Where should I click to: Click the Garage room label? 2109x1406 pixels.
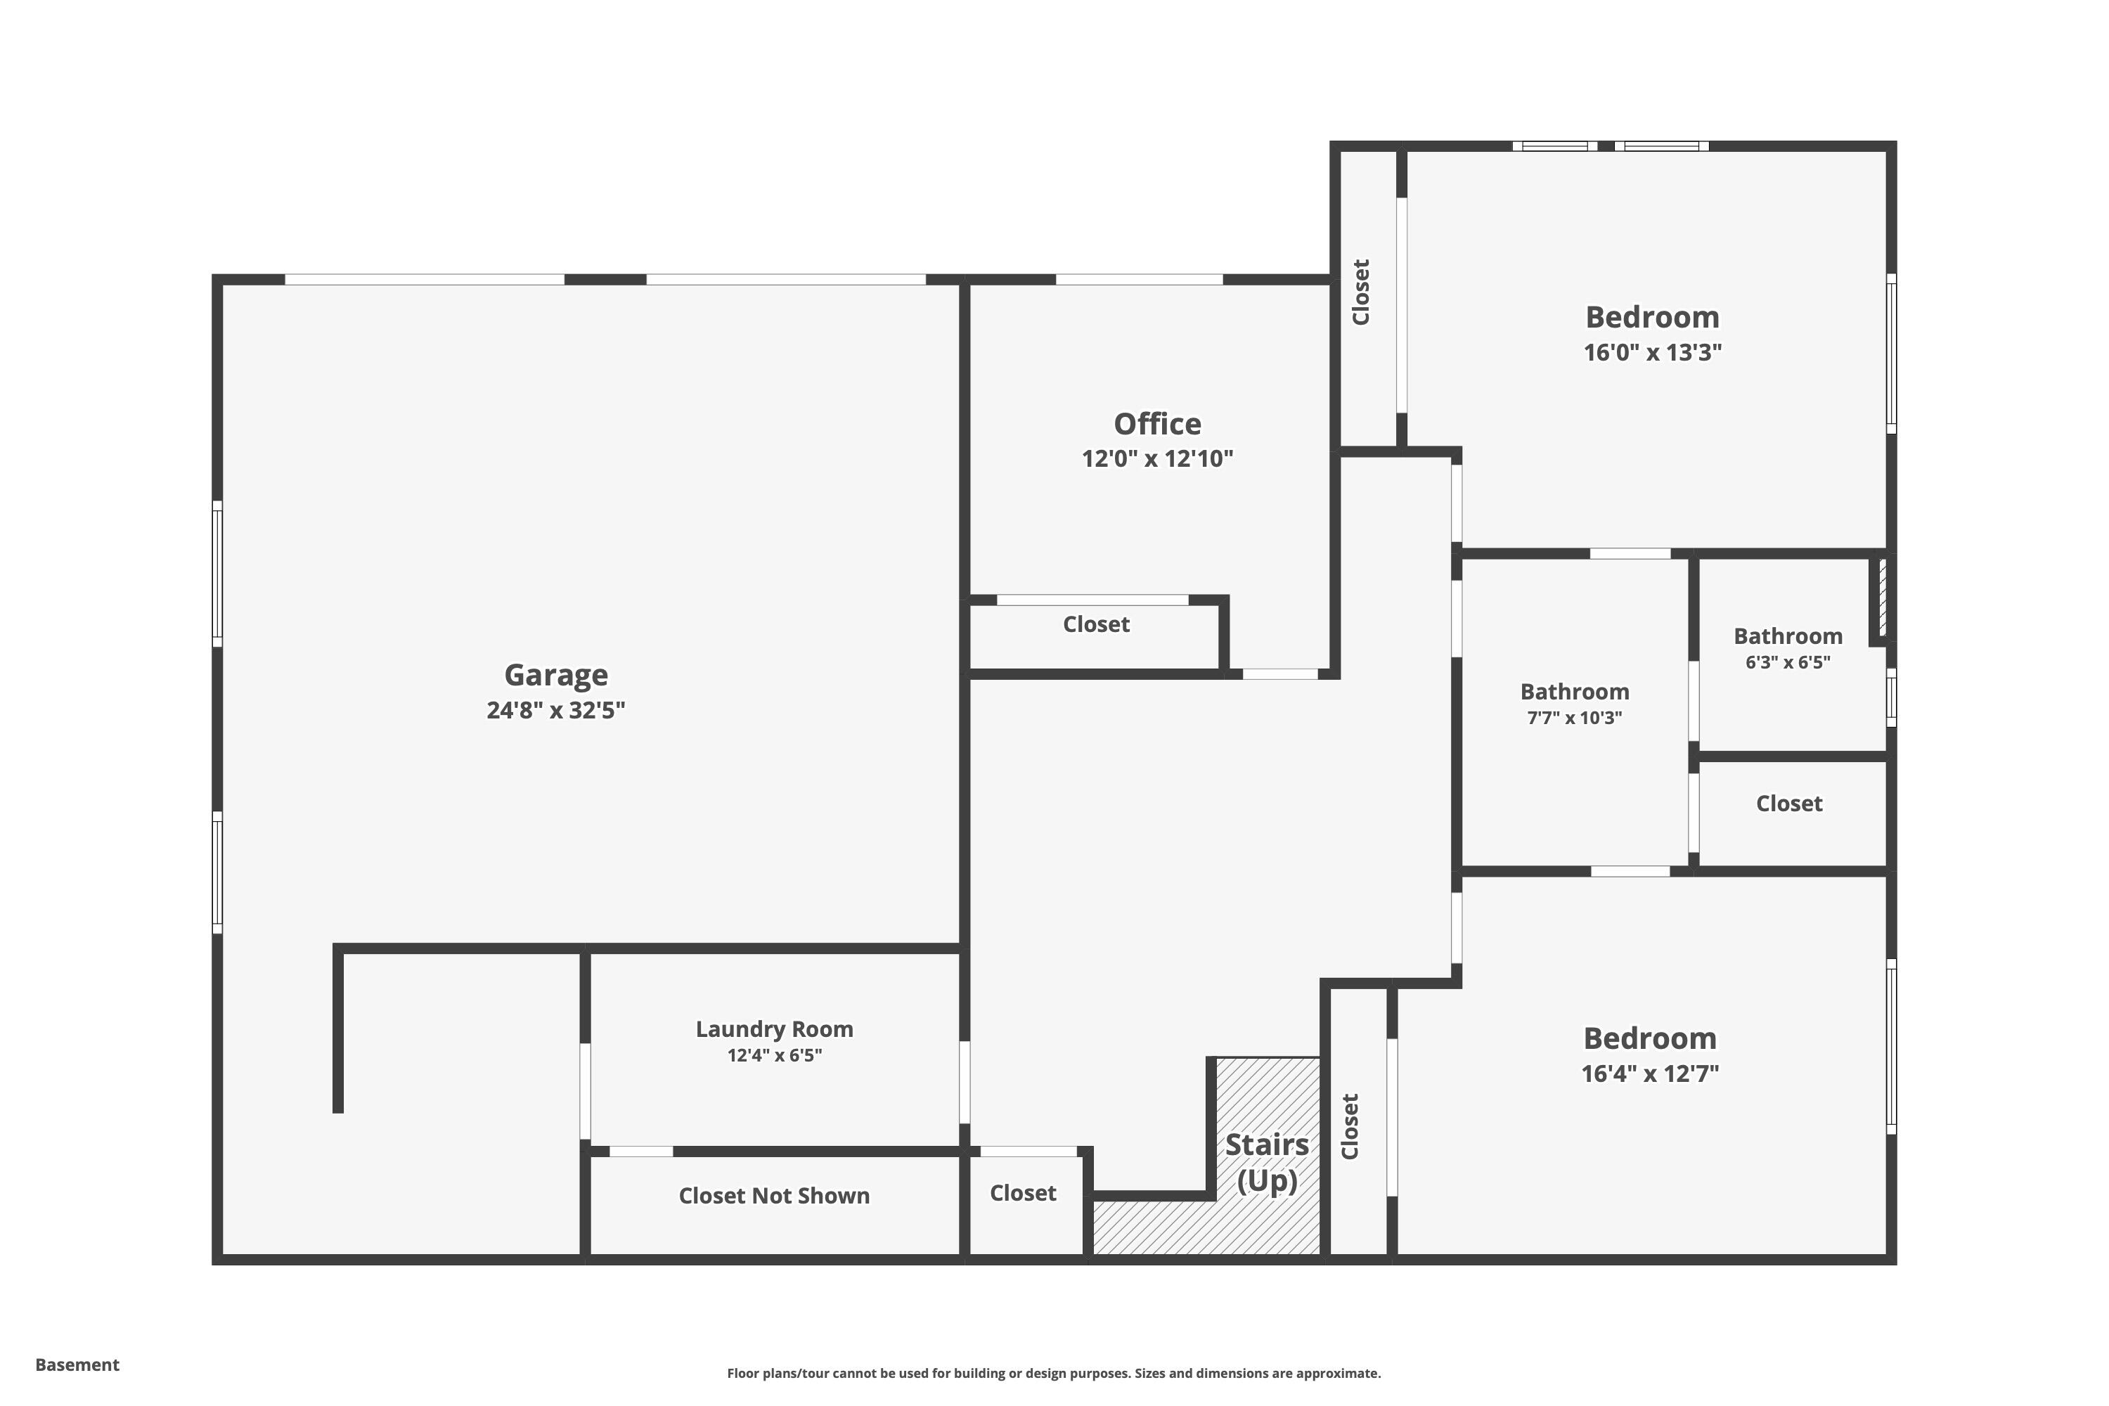[x=555, y=674]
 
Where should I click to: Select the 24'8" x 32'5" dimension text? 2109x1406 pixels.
[x=555, y=710]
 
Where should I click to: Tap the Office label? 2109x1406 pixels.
[x=1156, y=423]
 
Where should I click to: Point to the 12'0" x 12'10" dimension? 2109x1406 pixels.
[x=1156, y=459]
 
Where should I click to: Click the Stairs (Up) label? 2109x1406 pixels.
[x=1266, y=1162]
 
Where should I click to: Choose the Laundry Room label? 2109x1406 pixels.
[x=774, y=1029]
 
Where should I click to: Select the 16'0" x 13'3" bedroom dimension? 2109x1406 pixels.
[x=1651, y=352]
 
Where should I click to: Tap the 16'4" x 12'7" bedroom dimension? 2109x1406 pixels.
[x=1649, y=1073]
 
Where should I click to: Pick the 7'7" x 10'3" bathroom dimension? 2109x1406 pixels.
[x=1574, y=717]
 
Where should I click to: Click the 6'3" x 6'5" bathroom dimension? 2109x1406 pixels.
[x=1787, y=663]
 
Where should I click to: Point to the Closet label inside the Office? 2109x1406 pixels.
[x=1096, y=624]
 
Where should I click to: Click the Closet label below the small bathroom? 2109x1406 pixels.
[x=1788, y=804]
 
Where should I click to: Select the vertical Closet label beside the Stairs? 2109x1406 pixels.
[x=1350, y=1126]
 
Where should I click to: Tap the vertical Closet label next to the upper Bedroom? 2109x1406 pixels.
[x=1360, y=292]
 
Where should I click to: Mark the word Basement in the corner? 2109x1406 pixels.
[x=77, y=1365]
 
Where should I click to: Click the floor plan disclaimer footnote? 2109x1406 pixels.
[x=1054, y=1373]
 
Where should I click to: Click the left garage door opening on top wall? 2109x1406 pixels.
[x=424, y=280]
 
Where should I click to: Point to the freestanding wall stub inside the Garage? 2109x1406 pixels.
[x=338, y=1031]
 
